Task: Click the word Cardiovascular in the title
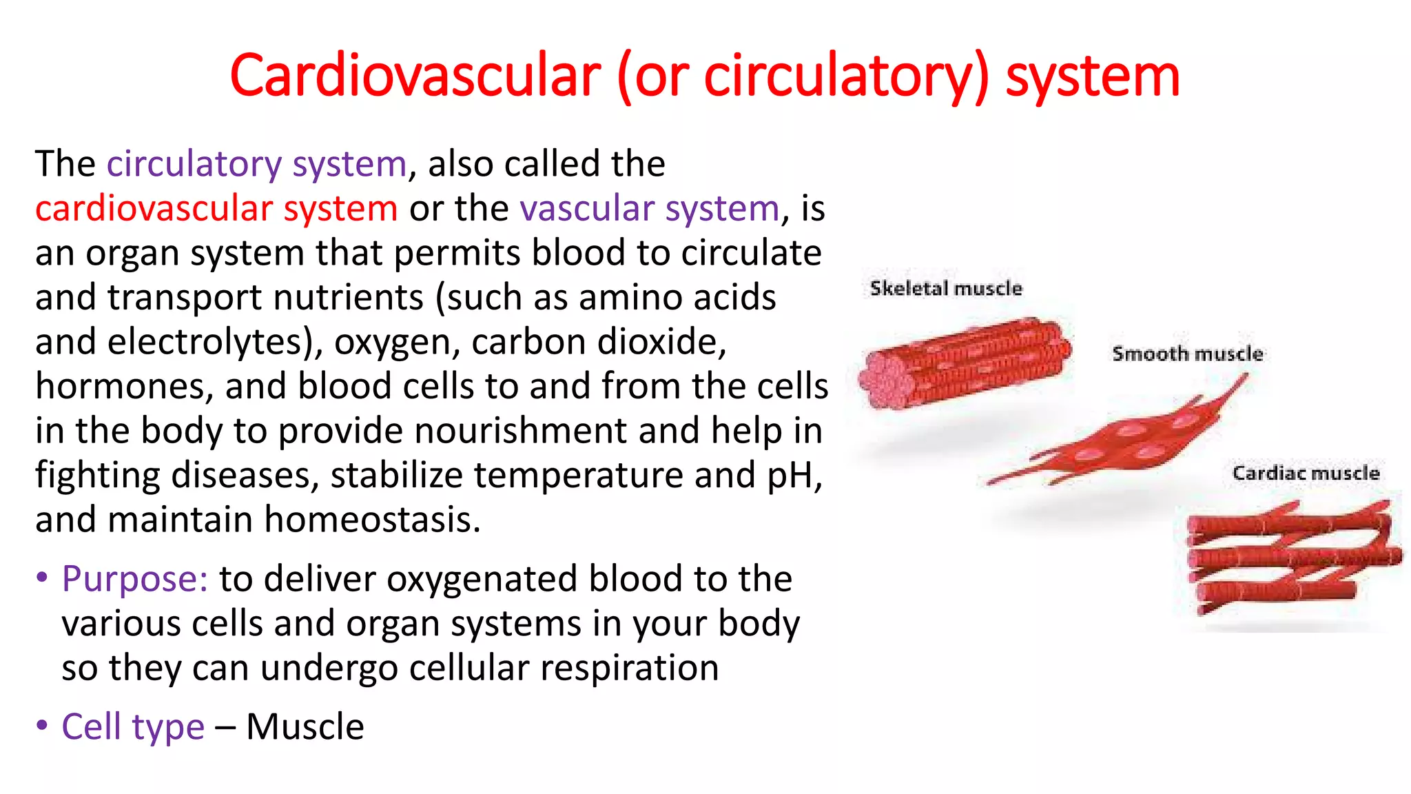[x=415, y=76]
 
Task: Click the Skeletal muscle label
[x=946, y=288]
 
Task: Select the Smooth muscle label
[x=1187, y=354]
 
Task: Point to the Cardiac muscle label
[x=1306, y=474]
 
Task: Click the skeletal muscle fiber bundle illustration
[x=965, y=363]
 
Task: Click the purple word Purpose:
[x=134, y=578]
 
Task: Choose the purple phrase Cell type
[x=133, y=726]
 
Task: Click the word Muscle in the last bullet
[x=305, y=726]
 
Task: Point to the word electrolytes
[x=207, y=342]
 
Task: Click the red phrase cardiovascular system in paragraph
[x=216, y=208]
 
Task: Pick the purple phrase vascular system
[x=649, y=208]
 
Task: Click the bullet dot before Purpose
[x=43, y=578]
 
